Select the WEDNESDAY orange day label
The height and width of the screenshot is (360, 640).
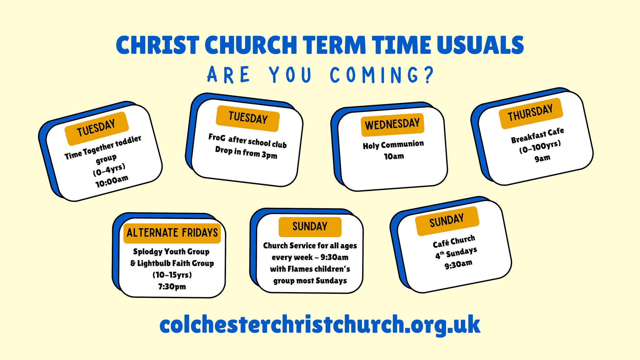(x=392, y=125)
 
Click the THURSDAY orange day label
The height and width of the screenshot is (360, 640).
(x=531, y=113)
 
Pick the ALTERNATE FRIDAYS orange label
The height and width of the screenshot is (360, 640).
(x=172, y=233)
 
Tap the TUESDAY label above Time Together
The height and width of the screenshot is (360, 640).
(x=97, y=128)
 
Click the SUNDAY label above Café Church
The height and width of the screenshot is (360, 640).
(x=447, y=221)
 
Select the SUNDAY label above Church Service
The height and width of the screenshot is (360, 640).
(x=310, y=227)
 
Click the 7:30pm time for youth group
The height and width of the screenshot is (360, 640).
(x=172, y=287)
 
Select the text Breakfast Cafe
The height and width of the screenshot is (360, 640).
(x=537, y=136)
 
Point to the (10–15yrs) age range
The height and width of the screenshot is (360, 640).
(x=172, y=275)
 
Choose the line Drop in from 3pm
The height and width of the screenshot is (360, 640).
(x=246, y=153)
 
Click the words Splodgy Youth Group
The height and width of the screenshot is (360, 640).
(x=171, y=252)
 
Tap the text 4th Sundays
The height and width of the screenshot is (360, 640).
(x=456, y=253)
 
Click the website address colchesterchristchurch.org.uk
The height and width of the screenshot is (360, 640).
(x=320, y=325)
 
